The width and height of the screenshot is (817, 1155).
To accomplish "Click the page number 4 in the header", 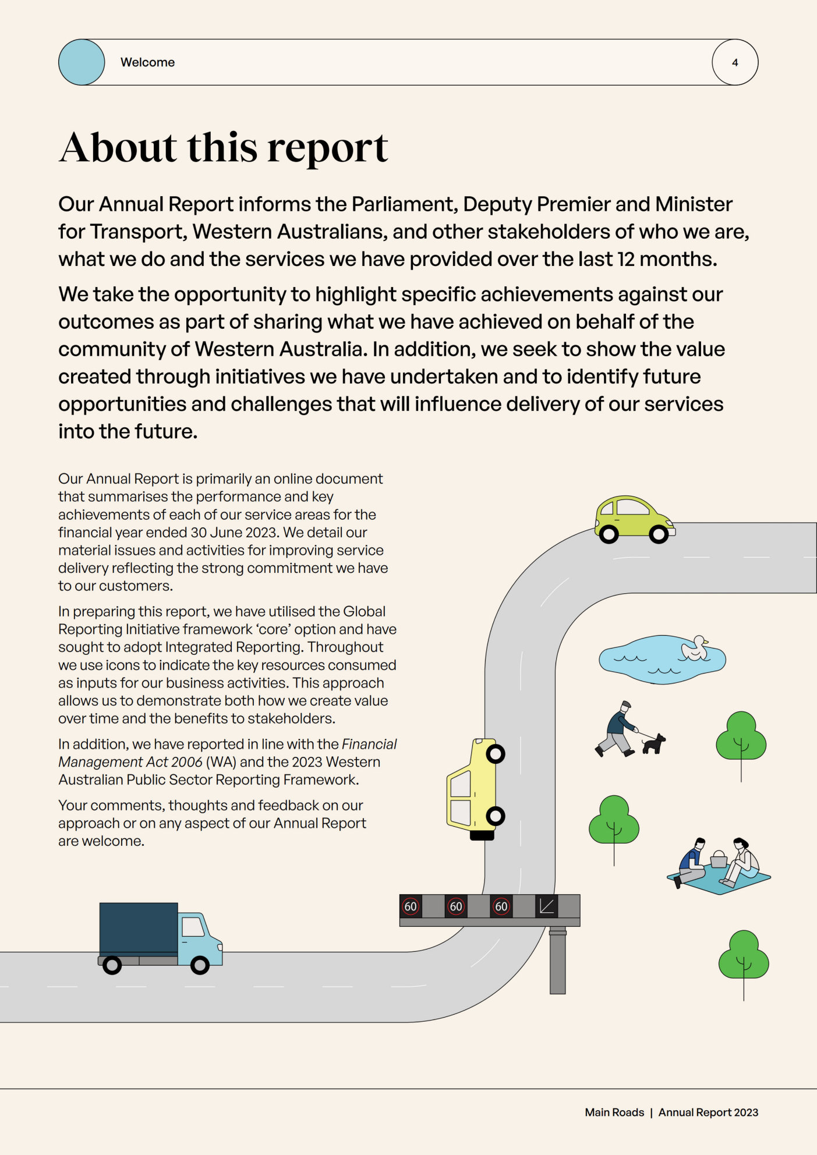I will [x=735, y=62].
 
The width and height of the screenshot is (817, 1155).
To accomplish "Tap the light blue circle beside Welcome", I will [x=82, y=62].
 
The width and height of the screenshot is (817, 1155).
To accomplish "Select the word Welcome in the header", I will [x=147, y=62].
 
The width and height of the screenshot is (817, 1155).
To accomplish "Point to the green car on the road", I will [x=634, y=518].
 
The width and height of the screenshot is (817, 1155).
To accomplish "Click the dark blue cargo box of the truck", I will [x=139, y=929].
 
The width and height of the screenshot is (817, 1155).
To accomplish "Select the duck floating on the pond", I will [x=695, y=648].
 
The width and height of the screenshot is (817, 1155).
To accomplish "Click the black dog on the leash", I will [x=654, y=744].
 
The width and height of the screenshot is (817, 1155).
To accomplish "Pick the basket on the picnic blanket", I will [x=719, y=859].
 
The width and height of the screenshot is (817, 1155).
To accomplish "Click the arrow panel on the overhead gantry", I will [x=546, y=906].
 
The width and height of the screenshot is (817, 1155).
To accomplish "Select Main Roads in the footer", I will [x=614, y=1113].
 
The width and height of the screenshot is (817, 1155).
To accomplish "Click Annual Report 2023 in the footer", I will [x=708, y=1113].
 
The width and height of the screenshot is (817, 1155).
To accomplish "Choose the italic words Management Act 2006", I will [x=130, y=762].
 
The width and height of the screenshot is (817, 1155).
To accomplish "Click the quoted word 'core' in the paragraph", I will [x=274, y=629].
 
